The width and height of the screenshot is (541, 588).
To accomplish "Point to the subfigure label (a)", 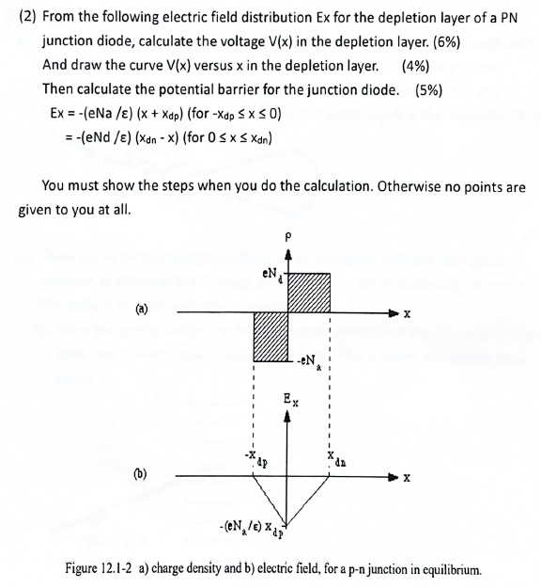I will point(141,307).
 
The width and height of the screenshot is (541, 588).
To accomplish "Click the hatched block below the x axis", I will point(269,335).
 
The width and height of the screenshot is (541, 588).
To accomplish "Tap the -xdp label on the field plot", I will point(256,459).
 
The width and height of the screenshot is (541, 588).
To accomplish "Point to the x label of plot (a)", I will point(407,313).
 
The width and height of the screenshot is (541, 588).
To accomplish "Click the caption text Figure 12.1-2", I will point(104,569).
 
